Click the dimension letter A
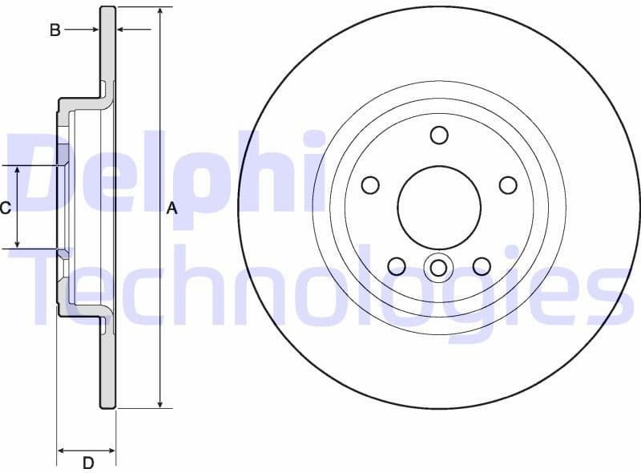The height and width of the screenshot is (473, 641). (171, 208)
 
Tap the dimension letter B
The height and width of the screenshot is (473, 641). (55, 30)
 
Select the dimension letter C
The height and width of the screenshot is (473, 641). (5, 208)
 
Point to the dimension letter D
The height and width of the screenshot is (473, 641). (88, 463)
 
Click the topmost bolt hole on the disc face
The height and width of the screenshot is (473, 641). (439, 135)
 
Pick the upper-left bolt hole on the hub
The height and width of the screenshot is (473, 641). (370, 185)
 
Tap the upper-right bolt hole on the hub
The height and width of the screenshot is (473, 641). (508, 185)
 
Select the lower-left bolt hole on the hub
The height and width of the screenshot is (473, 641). (397, 265)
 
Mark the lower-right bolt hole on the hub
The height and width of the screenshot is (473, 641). (482, 265)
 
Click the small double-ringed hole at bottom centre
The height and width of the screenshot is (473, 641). (439, 267)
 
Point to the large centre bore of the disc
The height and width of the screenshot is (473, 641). (439, 208)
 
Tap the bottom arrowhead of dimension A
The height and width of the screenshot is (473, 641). (160, 402)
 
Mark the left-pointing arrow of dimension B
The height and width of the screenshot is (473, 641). (123, 30)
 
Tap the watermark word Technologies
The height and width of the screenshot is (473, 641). (320, 289)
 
